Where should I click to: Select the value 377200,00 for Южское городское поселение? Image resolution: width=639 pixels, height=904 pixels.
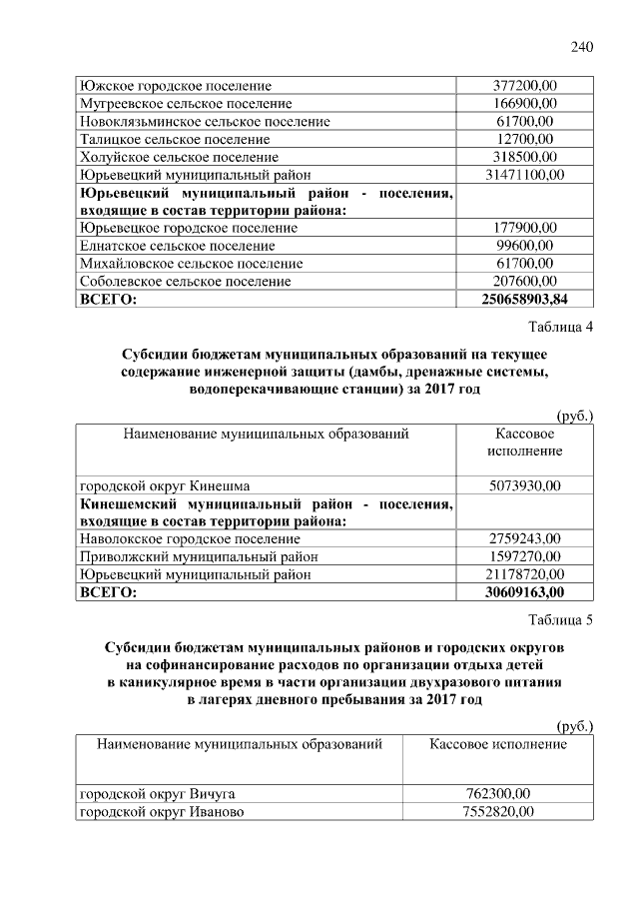(525, 86)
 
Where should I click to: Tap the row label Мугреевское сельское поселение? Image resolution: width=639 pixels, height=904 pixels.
(186, 104)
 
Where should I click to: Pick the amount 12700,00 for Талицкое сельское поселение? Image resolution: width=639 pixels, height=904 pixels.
(525, 139)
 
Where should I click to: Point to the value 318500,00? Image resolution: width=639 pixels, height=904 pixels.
(525, 157)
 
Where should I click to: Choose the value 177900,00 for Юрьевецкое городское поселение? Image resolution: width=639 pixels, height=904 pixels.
(525, 228)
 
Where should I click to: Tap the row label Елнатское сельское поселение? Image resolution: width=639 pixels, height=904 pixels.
(177, 246)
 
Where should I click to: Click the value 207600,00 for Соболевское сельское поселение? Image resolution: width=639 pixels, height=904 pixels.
(525, 282)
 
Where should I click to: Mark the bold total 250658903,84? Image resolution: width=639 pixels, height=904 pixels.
(525, 299)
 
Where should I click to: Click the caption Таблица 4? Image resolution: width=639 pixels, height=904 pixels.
(560, 328)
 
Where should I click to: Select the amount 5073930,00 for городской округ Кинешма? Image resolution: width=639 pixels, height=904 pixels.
(525, 485)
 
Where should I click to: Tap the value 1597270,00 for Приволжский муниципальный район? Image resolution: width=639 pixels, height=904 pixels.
(525, 556)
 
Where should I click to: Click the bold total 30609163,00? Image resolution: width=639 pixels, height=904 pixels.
(525, 592)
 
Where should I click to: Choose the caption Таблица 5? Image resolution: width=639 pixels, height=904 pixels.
(560, 620)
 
